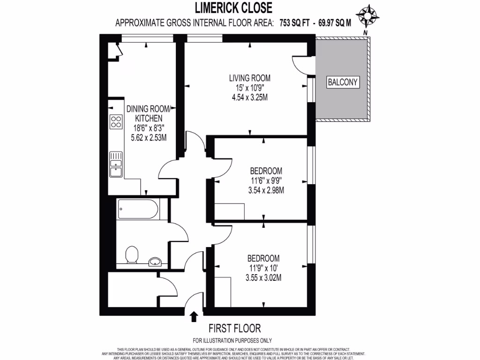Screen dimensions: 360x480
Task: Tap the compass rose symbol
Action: click(x=367, y=15)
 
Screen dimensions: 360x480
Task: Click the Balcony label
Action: click(x=342, y=82)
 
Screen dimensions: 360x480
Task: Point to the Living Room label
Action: click(x=249, y=78)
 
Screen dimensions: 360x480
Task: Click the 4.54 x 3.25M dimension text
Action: click(x=249, y=97)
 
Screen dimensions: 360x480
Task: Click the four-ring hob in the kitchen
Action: click(x=116, y=122)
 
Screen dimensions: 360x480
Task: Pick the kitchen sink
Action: click(x=115, y=165)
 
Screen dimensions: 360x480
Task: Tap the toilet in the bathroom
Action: click(x=132, y=255)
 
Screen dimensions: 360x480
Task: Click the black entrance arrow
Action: click(x=193, y=317)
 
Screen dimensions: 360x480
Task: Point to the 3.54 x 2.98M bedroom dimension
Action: click(x=266, y=190)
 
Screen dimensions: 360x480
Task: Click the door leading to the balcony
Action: click(x=300, y=64)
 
